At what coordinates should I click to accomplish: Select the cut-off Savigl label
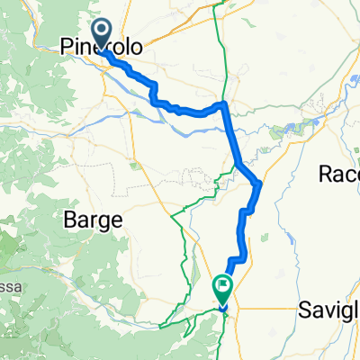[329, 310]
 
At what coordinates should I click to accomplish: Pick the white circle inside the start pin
[102, 31]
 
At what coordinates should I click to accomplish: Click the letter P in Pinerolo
[67, 47]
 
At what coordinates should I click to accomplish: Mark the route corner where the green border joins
[223, 106]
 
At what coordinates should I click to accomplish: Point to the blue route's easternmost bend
[259, 184]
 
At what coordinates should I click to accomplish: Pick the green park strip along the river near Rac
[297, 131]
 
